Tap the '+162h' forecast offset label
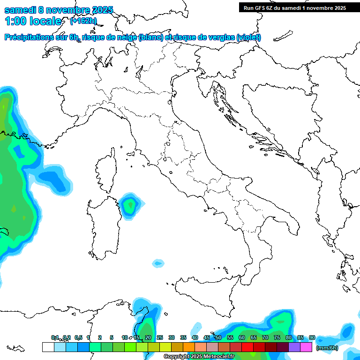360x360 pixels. pyautogui.click(x=83, y=21)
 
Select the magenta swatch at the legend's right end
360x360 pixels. pyautogui.click(x=306, y=347)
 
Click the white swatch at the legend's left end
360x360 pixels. pyautogui.click(x=48, y=347)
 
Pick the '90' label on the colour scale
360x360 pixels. pyautogui.click(x=312, y=337)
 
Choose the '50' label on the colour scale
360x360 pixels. pyautogui.click(x=218, y=337)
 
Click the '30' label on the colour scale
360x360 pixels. pyautogui.click(x=172, y=337)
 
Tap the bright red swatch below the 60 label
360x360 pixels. pyautogui.click(x=247, y=347)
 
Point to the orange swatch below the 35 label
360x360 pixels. pyautogui.click(x=189, y=347)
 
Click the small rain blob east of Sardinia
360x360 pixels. pyautogui.click(x=130, y=204)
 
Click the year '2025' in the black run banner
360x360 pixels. pyautogui.click(x=337, y=8)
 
